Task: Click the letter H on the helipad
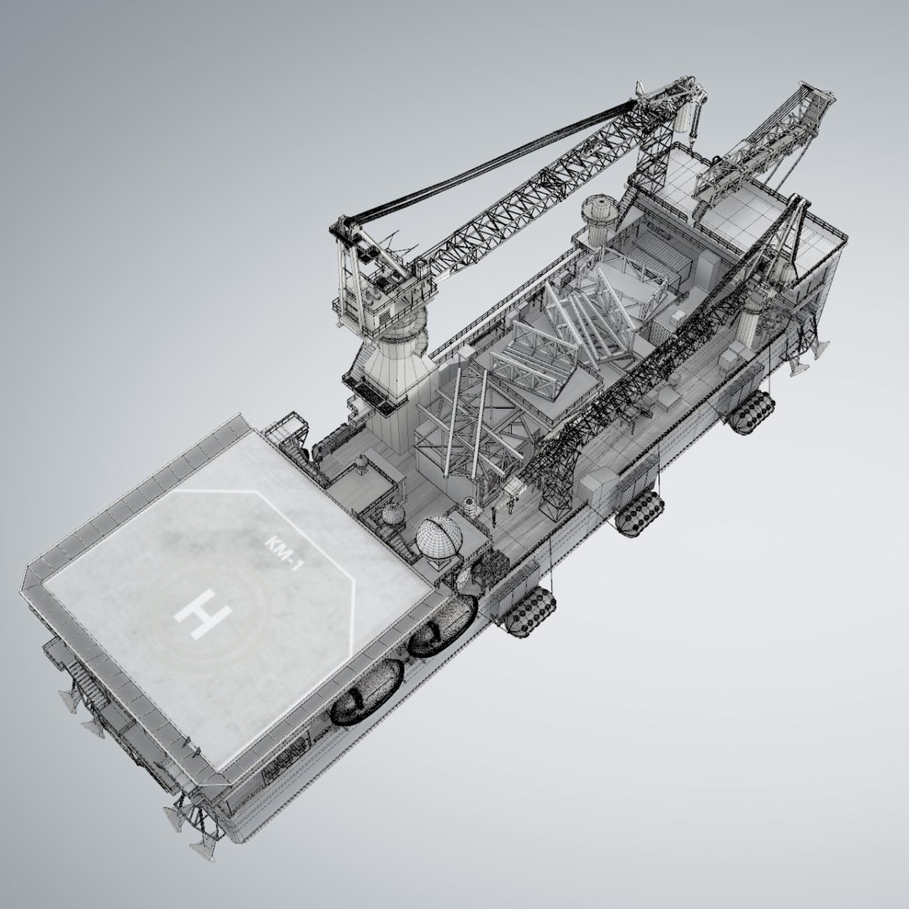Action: [201, 614]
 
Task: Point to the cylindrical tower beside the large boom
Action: [598, 215]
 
